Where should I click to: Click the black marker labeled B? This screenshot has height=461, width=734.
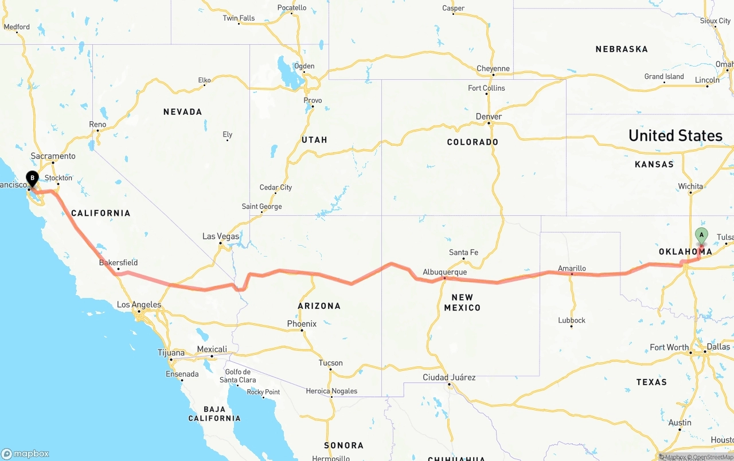tap(32, 179)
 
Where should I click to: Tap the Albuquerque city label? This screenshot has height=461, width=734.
tap(444, 272)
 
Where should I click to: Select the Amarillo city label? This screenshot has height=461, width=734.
tap(572, 268)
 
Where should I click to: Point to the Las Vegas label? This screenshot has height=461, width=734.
tap(221, 237)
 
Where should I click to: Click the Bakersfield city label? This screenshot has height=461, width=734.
tap(118, 263)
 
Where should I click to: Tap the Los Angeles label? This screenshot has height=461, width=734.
tap(139, 305)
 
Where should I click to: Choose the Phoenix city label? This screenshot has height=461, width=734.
tap(302, 324)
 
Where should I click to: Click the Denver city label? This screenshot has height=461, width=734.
tap(489, 117)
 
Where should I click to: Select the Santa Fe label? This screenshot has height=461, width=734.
tap(463, 253)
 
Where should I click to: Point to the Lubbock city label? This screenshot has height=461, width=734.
tap(572, 320)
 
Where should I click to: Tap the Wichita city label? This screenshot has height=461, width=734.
tap(690, 187)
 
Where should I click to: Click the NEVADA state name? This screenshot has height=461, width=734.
tap(182, 112)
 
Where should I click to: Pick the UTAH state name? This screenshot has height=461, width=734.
tap(314, 140)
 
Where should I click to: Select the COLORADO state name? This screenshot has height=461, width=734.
tap(473, 142)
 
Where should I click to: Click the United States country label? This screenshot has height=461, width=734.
tap(675, 135)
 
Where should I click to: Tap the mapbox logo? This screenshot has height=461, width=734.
tap(25, 454)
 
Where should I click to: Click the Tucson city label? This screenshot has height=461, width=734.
tap(330, 363)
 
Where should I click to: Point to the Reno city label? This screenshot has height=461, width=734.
tap(97, 125)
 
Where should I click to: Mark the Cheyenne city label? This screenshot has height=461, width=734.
tap(493, 69)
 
